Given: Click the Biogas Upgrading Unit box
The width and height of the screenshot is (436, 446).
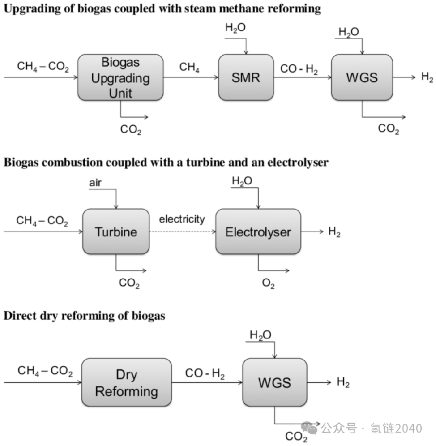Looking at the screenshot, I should [x=120, y=78].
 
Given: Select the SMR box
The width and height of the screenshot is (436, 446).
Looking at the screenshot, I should [x=246, y=78].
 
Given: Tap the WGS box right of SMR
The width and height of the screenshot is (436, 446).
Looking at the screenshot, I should [x=362, y=78].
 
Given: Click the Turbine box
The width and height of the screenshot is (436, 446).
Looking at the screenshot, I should [x=115, y=232].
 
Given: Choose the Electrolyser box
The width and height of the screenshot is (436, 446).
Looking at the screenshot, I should [x=258, y=232].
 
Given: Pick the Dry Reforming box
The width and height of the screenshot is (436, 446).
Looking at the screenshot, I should [x=126, y=383].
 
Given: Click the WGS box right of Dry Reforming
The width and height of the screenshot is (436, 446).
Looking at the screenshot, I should [x=275, y=383].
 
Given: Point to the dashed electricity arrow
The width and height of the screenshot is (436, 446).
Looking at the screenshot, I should [x=182, y=232].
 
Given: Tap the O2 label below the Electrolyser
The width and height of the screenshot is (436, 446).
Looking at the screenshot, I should [x=268, y=284].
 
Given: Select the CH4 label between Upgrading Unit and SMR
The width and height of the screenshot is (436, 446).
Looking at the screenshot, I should [x=189, y=68].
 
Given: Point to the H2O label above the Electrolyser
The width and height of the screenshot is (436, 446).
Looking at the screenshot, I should [x=242, y=181].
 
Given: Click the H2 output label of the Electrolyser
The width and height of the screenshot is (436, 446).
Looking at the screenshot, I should [x=334, y=232].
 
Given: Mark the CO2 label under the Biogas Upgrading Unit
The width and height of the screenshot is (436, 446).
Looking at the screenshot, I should [x=131, y=130].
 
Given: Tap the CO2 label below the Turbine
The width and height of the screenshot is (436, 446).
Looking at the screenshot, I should [x=129, y=284].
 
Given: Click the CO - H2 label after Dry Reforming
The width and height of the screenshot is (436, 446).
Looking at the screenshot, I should [x=205, y=374].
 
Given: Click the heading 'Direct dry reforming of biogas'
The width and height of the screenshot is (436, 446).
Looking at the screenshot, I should [x=85, y=316].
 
